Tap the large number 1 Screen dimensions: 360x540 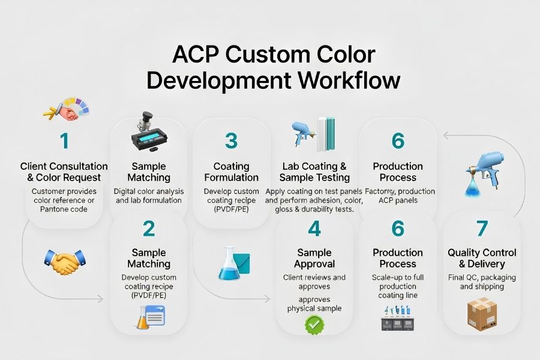(x=64, y=142)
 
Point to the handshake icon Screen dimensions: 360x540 (x=65, y=262)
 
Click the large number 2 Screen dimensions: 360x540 (x=149, y=228)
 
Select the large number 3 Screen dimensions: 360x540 (x=231, y=141)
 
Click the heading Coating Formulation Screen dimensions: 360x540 (x=231, y=172)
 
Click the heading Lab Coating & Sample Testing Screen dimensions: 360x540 (x=315, y=172)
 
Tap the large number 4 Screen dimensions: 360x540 (x=314, y=229)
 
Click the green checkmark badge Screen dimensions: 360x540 (x=314, y=325)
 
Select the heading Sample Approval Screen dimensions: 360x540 (x=314, y=258)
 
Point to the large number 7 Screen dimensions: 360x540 (x=482, y=229)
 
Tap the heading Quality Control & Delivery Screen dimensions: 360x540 (x=482, y=258)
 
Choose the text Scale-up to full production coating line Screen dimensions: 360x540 (x=398, y=286)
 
